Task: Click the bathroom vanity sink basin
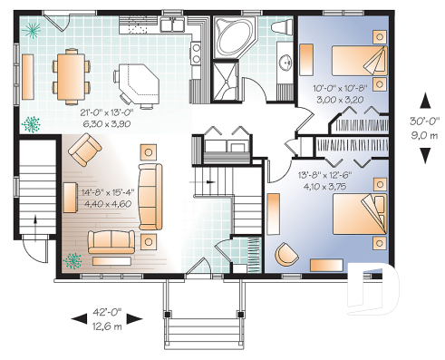click(x=285, y=64)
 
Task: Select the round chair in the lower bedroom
click(x=287, y=253)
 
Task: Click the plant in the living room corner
click(x=73, y=260)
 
